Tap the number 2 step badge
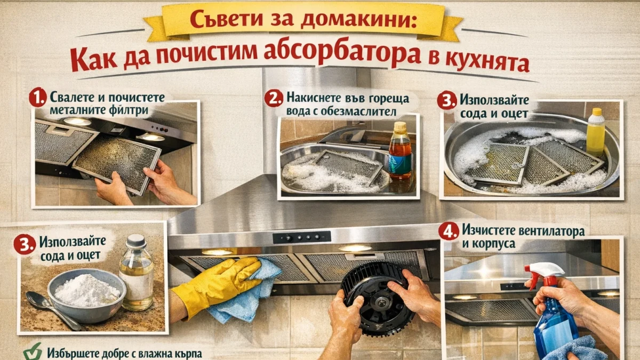(274, 99)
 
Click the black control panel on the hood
(301, 237)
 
